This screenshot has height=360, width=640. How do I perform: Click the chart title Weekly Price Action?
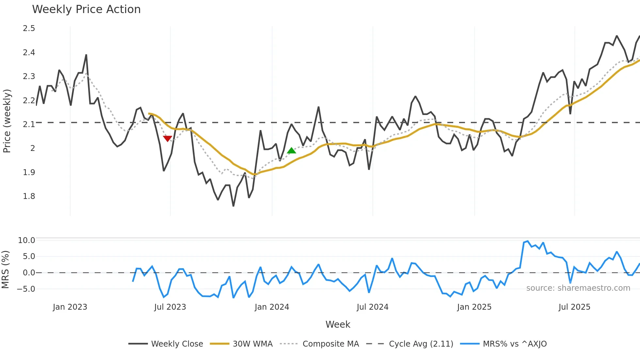coord(86,9)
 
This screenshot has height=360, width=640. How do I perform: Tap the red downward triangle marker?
coord(168,139)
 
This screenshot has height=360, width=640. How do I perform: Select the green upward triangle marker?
coord(291,151)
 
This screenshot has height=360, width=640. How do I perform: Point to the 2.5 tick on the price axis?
coord(29,28)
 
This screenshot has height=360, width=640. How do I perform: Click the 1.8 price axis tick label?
coord(29,196)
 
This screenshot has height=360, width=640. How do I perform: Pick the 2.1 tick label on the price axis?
coord(29,124)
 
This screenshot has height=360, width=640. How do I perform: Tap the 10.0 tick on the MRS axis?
coord(26,240)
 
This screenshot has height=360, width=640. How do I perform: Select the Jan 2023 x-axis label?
coord(70,307)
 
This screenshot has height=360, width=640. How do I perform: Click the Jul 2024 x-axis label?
coord(373,307)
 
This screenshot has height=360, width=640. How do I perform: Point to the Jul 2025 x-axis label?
coord(574,307)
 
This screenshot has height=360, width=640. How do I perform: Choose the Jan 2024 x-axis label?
coord(272,307)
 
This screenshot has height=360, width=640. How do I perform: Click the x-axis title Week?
coord(338,324)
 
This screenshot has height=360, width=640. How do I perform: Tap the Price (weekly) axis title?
coord(7,121)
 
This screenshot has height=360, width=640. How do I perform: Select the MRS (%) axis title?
coord(5,270)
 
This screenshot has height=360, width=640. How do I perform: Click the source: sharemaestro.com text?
coord(578,288)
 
